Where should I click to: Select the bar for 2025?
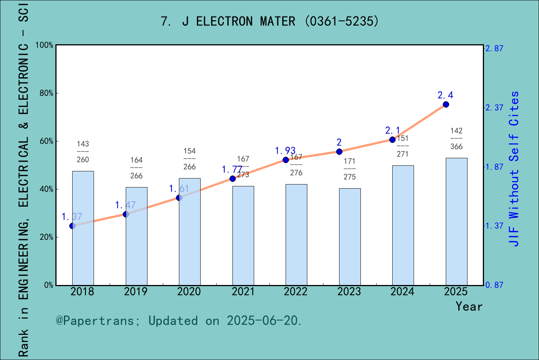coord(456,221)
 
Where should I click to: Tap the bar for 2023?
coord(350,237)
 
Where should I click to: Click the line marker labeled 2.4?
coord(446,104)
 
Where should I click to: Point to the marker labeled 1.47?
coord(126,214)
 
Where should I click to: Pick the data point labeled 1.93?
coord(286,160)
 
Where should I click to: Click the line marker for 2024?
coord(392,139)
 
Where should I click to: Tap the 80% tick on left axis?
coord(46,93)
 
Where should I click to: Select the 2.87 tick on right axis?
coord(494,48)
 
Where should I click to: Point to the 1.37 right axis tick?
coord(494,226)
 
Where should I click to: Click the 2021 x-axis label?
coord(243,292)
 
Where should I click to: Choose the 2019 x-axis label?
coord(136,292)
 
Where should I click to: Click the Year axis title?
coord(469,306)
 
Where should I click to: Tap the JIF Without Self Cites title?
coord(514,169)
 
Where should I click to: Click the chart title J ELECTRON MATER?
coord(269,21)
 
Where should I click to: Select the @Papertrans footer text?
coord(179,321)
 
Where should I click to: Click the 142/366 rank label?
coord(456,139)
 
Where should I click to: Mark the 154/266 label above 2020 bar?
coord(189,159)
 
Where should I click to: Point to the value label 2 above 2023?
coord(339,142)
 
